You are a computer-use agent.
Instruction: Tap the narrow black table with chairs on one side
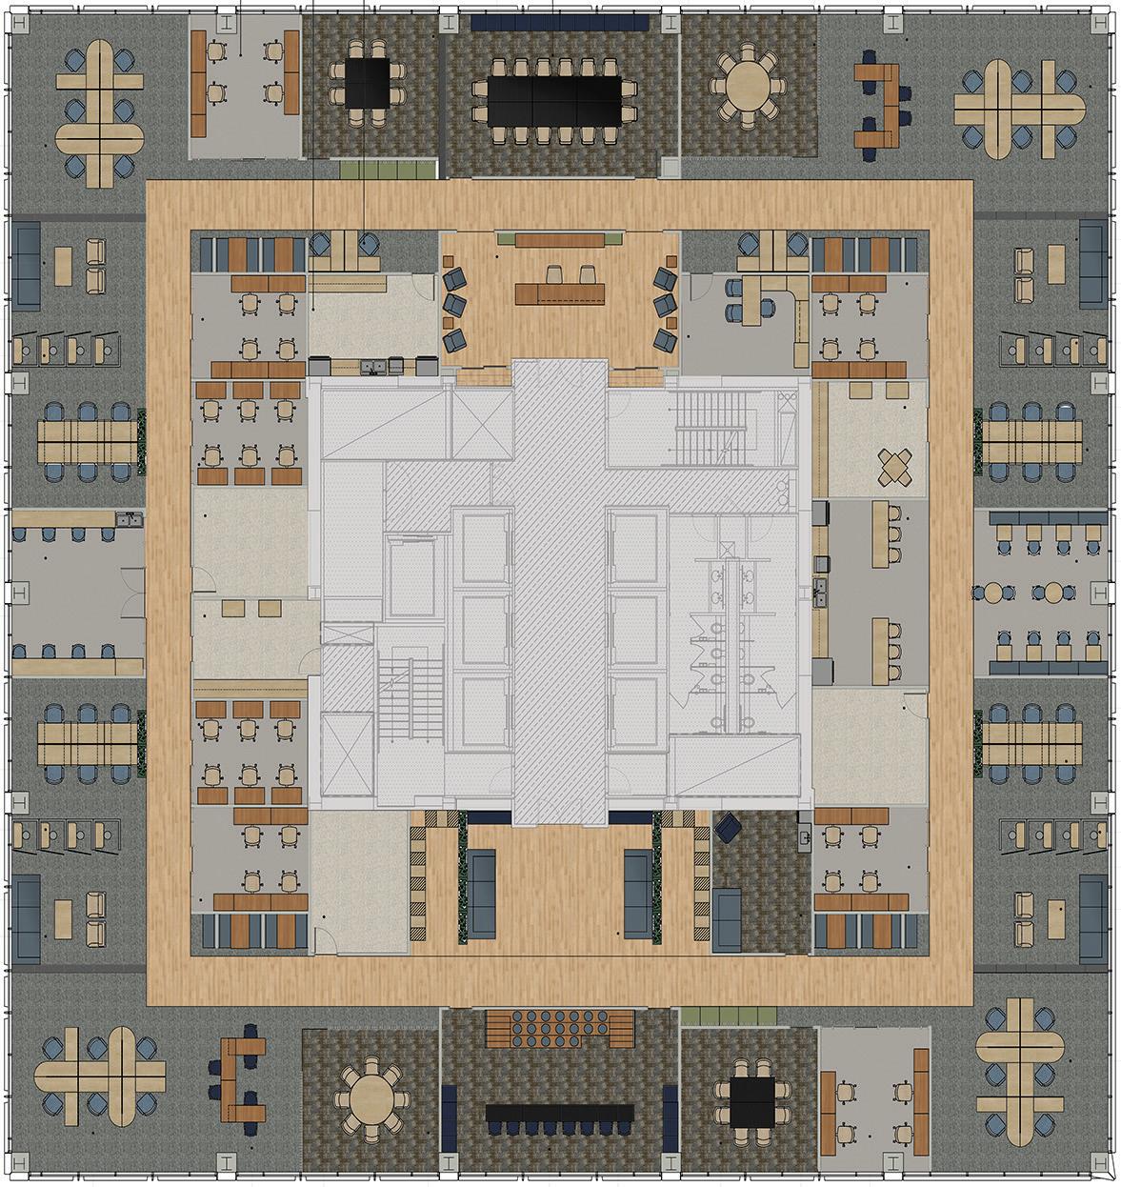[x=560, y=1112]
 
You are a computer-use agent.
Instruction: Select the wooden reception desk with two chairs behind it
[x=561, y=292]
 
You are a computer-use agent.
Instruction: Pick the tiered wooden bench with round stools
[x=559, y=1028]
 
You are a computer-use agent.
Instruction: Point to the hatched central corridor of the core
[x=559, y=591]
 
